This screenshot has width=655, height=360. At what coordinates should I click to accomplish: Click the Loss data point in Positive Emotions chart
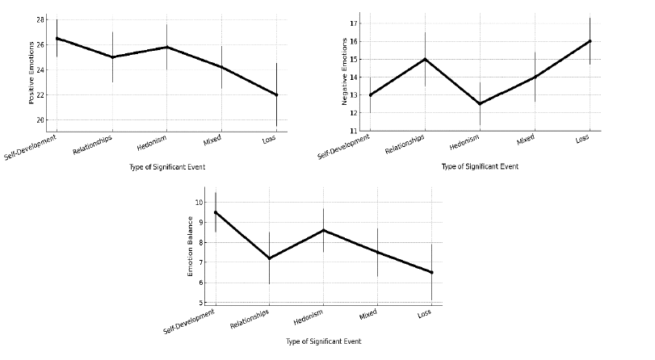276,94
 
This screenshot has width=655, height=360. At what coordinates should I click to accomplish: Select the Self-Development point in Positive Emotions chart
57,38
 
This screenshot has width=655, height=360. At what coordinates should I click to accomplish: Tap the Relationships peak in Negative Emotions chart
425,59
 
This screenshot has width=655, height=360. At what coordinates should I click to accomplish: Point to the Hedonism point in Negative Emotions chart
480,103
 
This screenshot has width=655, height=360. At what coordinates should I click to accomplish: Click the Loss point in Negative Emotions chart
590,41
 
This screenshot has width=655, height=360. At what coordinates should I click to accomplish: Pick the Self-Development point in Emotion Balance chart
215,212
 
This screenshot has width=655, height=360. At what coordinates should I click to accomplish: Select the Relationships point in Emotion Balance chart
269,258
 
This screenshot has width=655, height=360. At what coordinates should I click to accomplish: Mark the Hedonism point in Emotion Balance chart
323,230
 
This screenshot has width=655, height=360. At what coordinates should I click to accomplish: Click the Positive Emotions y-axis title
32,73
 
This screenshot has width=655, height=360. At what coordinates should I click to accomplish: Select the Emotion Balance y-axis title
191,246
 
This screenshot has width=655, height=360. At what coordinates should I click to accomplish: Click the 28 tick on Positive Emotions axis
40,19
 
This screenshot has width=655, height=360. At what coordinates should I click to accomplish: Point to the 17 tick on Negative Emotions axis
353,23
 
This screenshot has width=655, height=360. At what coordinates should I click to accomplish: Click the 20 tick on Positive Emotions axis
40,120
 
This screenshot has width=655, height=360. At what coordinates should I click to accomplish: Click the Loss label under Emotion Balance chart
424,313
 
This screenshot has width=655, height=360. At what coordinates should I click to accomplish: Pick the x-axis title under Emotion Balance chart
323,341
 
